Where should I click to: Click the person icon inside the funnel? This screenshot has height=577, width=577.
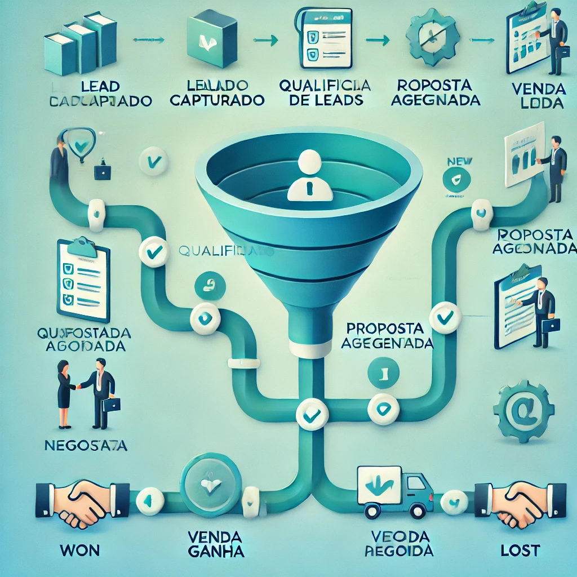point(309,175)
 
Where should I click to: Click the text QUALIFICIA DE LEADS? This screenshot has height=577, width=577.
point(325,93)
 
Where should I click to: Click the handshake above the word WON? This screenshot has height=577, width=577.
point(75,503)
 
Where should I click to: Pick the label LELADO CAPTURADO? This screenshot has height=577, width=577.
point(217,93)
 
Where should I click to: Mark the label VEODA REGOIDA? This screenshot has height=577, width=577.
point(398,543)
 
